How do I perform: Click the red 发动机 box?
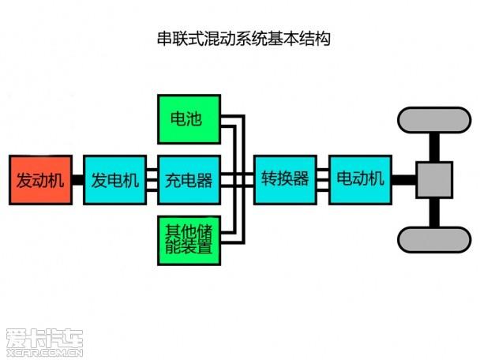coord(39,179)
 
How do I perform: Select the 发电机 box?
coord(114,179)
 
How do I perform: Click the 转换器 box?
coord(285,179)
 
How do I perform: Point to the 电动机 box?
coord(360,179)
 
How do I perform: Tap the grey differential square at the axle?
coord(434,180)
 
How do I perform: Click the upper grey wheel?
coord(433,120)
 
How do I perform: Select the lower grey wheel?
coord(433,240)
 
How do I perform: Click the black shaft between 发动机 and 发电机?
coord(77,180)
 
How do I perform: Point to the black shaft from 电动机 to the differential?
coord(403,180)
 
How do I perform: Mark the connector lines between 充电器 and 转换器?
coord(238,179)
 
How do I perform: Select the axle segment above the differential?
coord(434,148)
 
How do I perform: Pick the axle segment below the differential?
coord(434,212)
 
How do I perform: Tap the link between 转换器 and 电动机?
coord(322,179)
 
